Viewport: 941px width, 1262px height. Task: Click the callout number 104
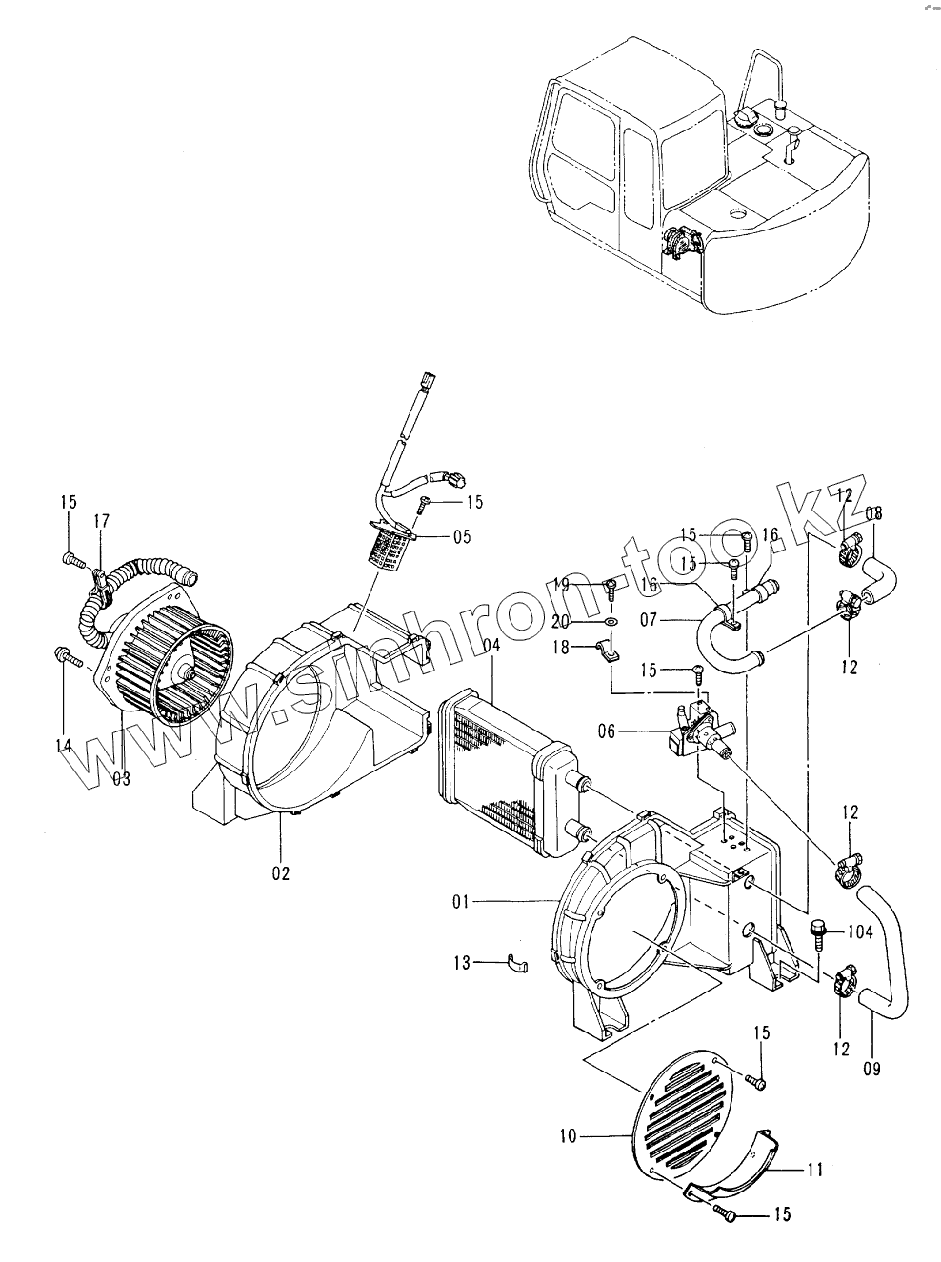[859, 932]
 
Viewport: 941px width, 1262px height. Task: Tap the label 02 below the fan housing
[280, 872]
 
